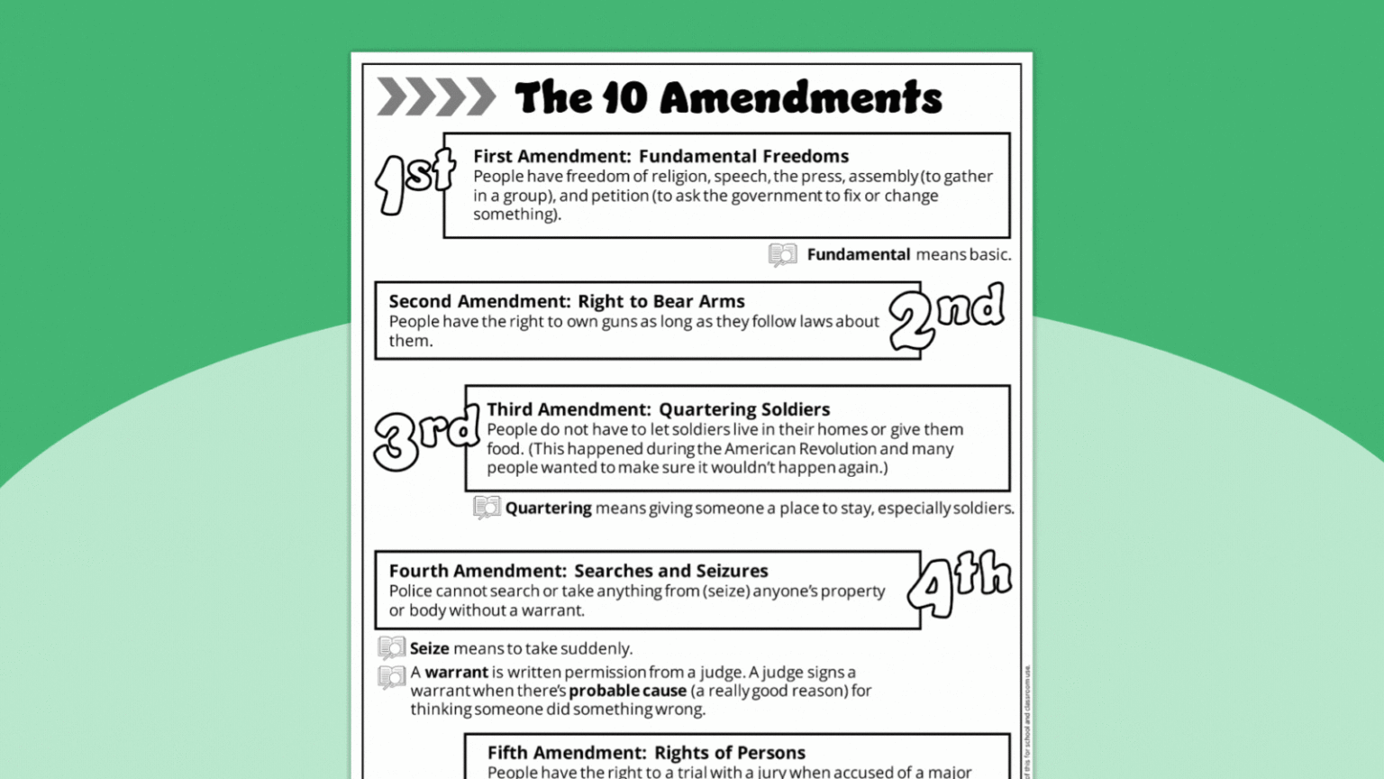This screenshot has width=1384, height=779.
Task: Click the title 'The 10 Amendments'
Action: click(x=728, y=97)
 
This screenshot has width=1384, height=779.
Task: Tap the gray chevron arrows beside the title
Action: click(x=436, y=97)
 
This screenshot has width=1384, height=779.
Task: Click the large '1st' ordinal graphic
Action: click(x=414, y=180)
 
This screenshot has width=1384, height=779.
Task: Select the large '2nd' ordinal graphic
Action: click(x=946, y=316)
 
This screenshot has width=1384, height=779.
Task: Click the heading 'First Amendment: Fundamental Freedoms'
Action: click(x=660, y=156)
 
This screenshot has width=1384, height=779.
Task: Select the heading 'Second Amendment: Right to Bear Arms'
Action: click(x=567, y=301)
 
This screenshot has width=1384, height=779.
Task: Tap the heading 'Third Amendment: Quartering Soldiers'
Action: click(x=658, y=409)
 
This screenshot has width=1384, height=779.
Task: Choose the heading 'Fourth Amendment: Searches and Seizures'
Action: click(x=578, y=571)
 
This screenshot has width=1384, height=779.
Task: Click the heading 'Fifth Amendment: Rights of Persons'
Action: click(x=646, y=752)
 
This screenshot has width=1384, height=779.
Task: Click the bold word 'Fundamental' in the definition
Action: click(x=858, y=254)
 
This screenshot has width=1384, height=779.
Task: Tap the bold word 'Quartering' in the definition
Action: click(x=548, y=508)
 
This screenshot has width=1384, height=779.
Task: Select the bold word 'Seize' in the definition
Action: click(x=429, y=648)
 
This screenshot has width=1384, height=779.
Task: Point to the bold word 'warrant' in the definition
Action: click(x=456, y=672)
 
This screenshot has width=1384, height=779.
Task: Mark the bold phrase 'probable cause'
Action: click(x=627, y=691)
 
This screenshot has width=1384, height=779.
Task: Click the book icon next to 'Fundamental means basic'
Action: click(x=782, y=255)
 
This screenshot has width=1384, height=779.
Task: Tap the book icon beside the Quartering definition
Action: click(x=487, y=508)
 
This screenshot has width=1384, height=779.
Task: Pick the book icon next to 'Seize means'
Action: click(x=391, y=647)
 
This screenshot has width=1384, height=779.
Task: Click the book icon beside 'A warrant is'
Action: click(x=391, y=676)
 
